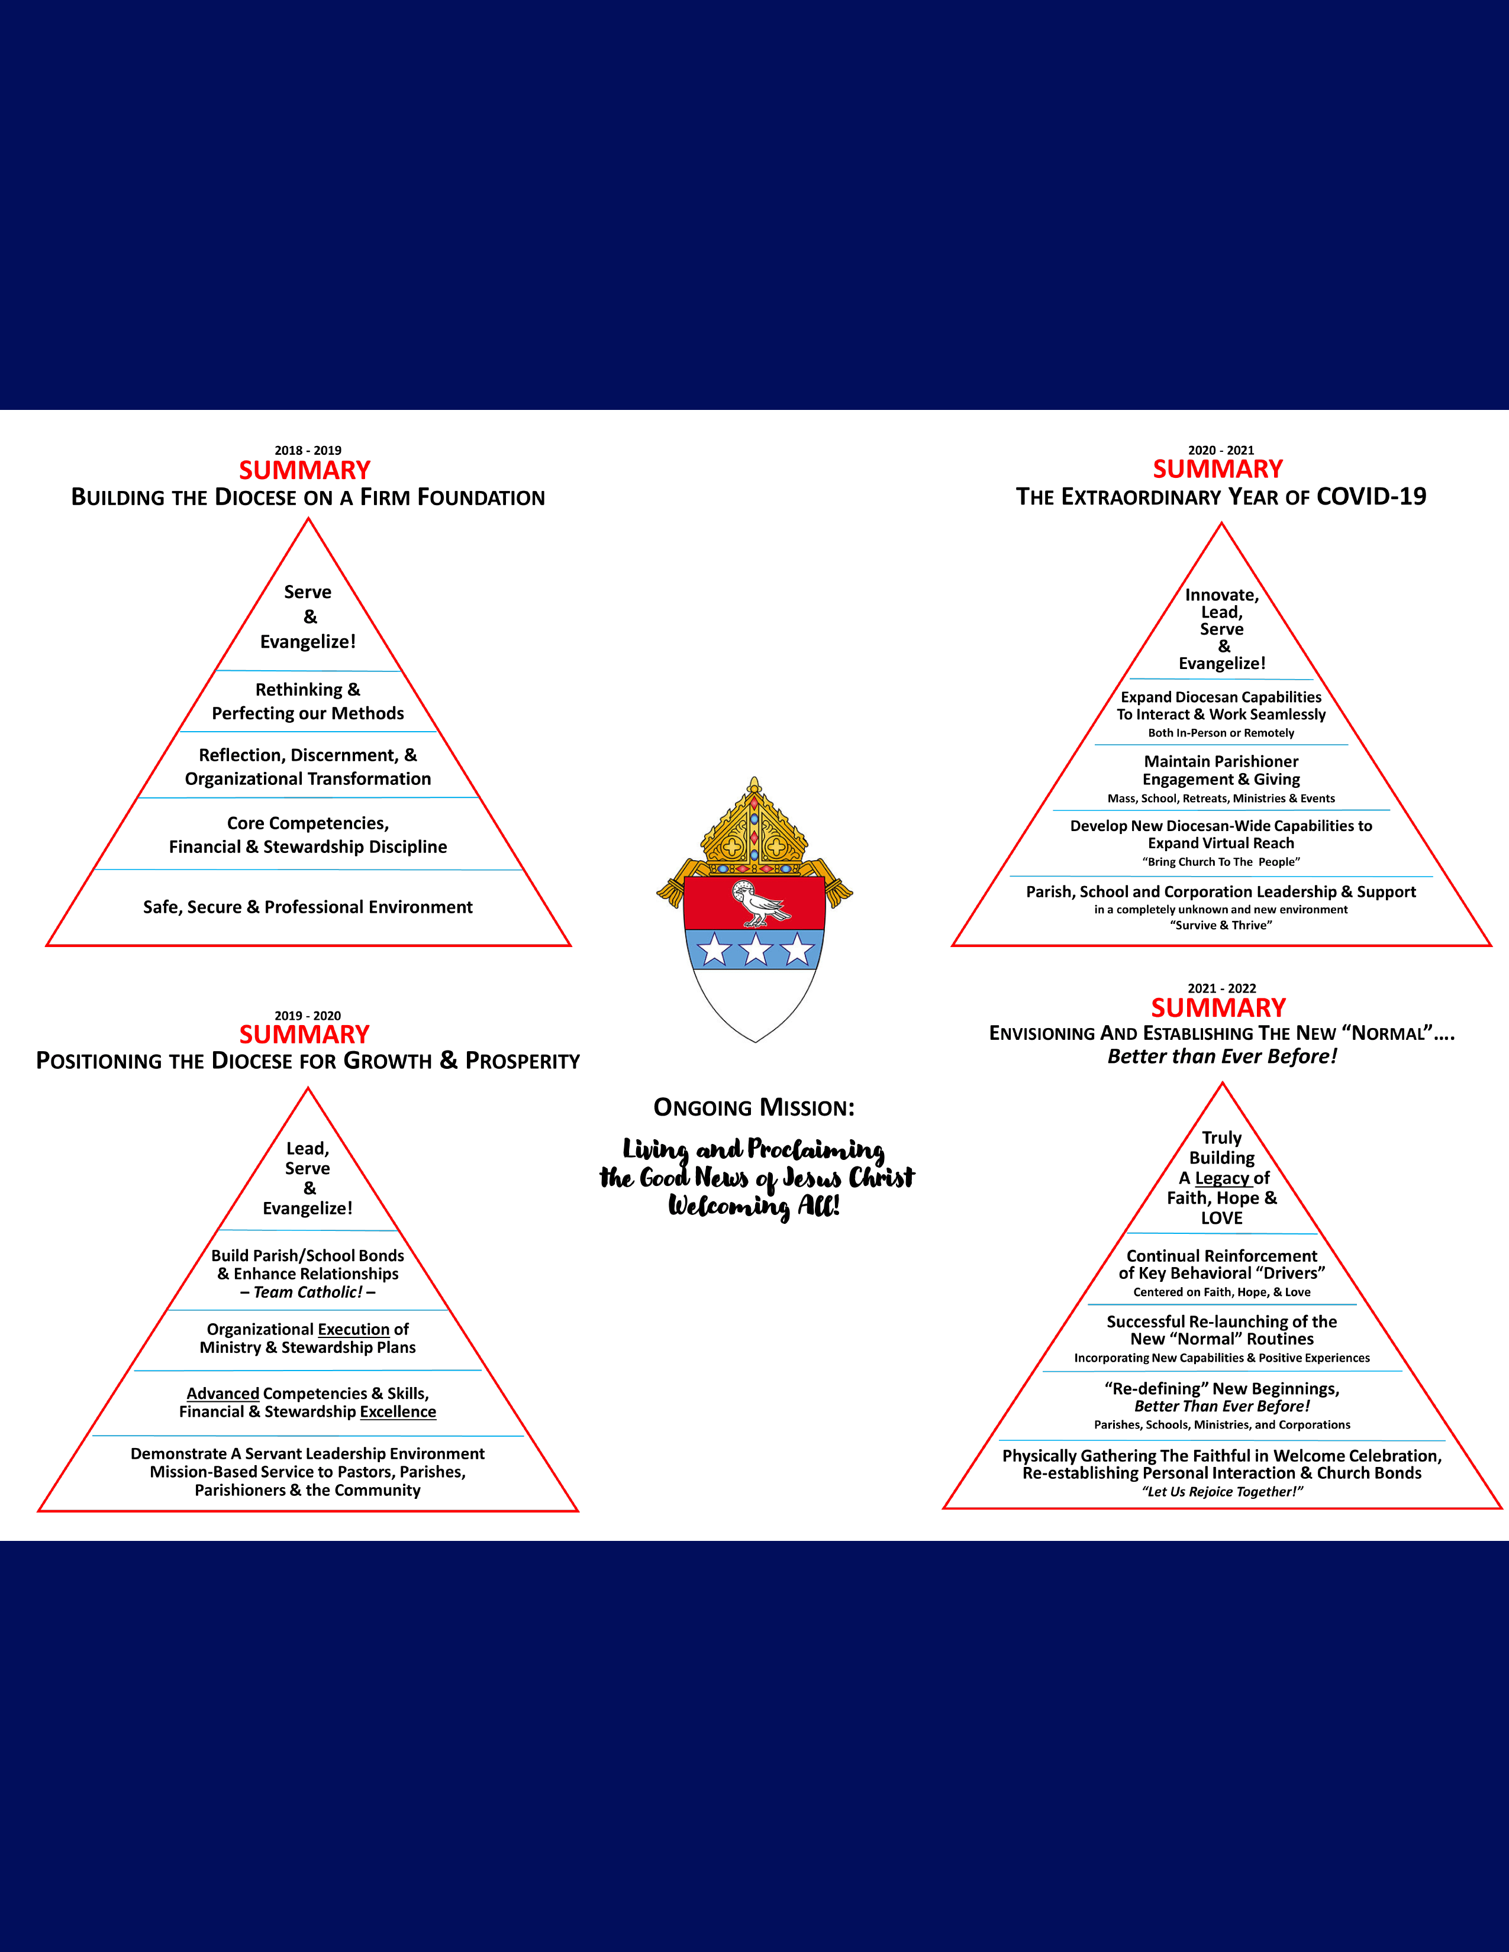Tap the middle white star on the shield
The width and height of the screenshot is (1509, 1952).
[756, 949]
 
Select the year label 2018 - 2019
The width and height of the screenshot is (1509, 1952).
[308, 451]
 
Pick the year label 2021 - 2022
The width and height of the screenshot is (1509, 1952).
[1221, 988]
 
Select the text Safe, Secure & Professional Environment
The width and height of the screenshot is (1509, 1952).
[308, 907]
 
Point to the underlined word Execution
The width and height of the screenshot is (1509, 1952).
[353, 1329]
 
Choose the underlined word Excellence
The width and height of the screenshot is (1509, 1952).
[398, 1411]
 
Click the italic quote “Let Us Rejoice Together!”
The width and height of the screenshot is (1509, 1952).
[1222, 1492]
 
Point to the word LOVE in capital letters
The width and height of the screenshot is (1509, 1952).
[1221, 1218]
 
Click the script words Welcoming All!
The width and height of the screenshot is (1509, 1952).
[753, 1207]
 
